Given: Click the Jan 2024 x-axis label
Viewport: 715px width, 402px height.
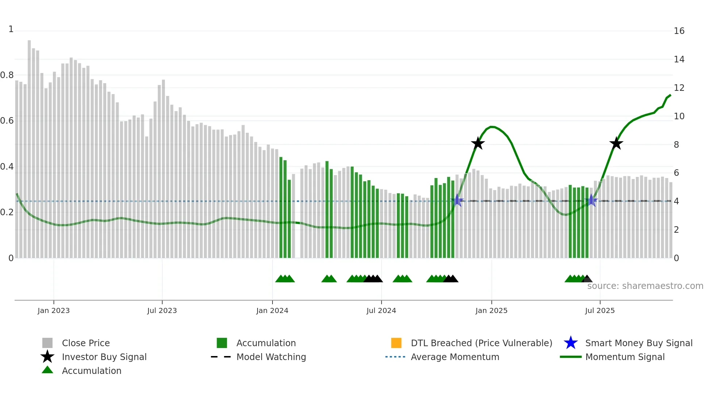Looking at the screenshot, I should (x=272, y=310).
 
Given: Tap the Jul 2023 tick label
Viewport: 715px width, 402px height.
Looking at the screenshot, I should (x=162, y=310).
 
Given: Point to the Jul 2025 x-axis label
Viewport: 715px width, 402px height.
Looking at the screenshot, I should (x=600, y=310).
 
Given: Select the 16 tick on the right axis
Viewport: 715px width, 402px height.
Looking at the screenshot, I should (x=679, y=31).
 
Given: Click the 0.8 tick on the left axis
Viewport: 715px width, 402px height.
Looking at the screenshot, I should (x=7, y=75).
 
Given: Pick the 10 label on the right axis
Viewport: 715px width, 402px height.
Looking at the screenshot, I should (x=679, y=116).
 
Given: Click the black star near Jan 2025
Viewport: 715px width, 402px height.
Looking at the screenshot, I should (x=478, y=144).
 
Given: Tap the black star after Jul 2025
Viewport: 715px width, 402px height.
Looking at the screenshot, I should (x=616, y=144).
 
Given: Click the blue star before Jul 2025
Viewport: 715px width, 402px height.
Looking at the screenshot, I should (x=591, y=201).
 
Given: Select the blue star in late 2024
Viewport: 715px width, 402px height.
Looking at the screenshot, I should (x=457, y=201).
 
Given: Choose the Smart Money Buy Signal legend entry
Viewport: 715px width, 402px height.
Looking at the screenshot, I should (x=638, y=343).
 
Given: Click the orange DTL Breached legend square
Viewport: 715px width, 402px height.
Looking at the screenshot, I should (x=396, y=343).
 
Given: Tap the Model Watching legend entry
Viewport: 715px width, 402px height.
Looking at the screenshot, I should (x=271, y=357).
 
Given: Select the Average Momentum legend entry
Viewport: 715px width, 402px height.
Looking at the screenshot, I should (x=455, y=357).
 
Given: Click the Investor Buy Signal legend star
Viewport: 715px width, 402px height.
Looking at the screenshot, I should (x=47, y=357).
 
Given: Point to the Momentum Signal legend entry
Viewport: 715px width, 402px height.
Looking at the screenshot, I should (x=625, y=357).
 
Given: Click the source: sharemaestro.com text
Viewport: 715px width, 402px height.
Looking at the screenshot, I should (x=645, y=286).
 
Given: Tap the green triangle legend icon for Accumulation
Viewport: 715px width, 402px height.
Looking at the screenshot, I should (x=47, y=370).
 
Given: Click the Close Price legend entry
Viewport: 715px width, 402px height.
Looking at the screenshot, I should (x=85, y=343).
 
